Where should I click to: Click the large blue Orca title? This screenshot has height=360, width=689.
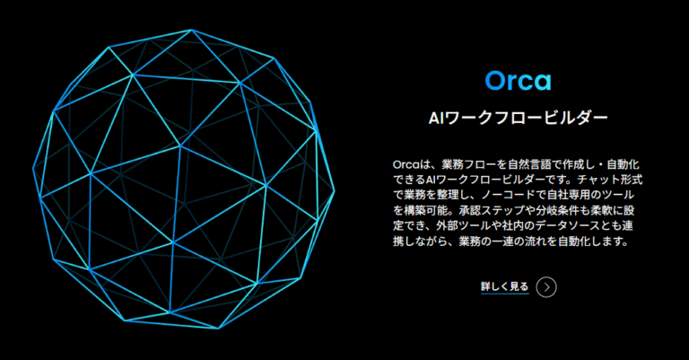pos(518,81)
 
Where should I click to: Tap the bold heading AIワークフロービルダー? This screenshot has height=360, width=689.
pos(518,118)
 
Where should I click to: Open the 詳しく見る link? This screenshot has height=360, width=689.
pos(504,286)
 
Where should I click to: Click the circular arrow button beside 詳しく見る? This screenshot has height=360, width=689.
pos(546,287)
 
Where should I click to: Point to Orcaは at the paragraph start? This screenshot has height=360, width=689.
pos(407,165)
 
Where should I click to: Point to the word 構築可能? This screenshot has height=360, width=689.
pos(425,210)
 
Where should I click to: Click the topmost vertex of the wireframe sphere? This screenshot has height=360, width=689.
pos(192,30)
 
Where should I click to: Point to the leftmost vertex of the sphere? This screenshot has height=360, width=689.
pos(33,168)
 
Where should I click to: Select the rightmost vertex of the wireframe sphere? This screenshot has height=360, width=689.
pos(335,190)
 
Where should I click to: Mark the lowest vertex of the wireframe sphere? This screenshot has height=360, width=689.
pos(219,329)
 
